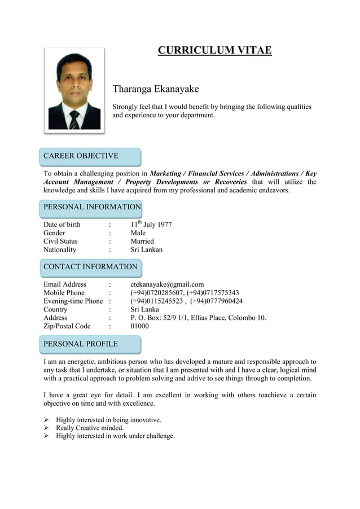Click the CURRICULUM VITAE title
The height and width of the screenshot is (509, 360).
pos(214,51)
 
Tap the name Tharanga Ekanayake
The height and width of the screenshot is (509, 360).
pos(156,89)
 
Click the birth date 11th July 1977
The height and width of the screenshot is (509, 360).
pos(151,225)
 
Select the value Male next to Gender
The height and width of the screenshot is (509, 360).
pos(138,233)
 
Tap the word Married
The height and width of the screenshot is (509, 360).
pos(142,242)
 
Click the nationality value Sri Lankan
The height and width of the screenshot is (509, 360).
pos(147,250)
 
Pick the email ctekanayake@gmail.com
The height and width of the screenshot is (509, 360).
pos(167,284)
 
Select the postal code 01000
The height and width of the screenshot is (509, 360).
pos(140,326)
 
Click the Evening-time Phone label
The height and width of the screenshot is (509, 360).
pos(73,301)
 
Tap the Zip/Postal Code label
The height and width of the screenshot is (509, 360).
pos(67,326)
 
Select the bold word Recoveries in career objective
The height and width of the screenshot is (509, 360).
pos(230,182)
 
